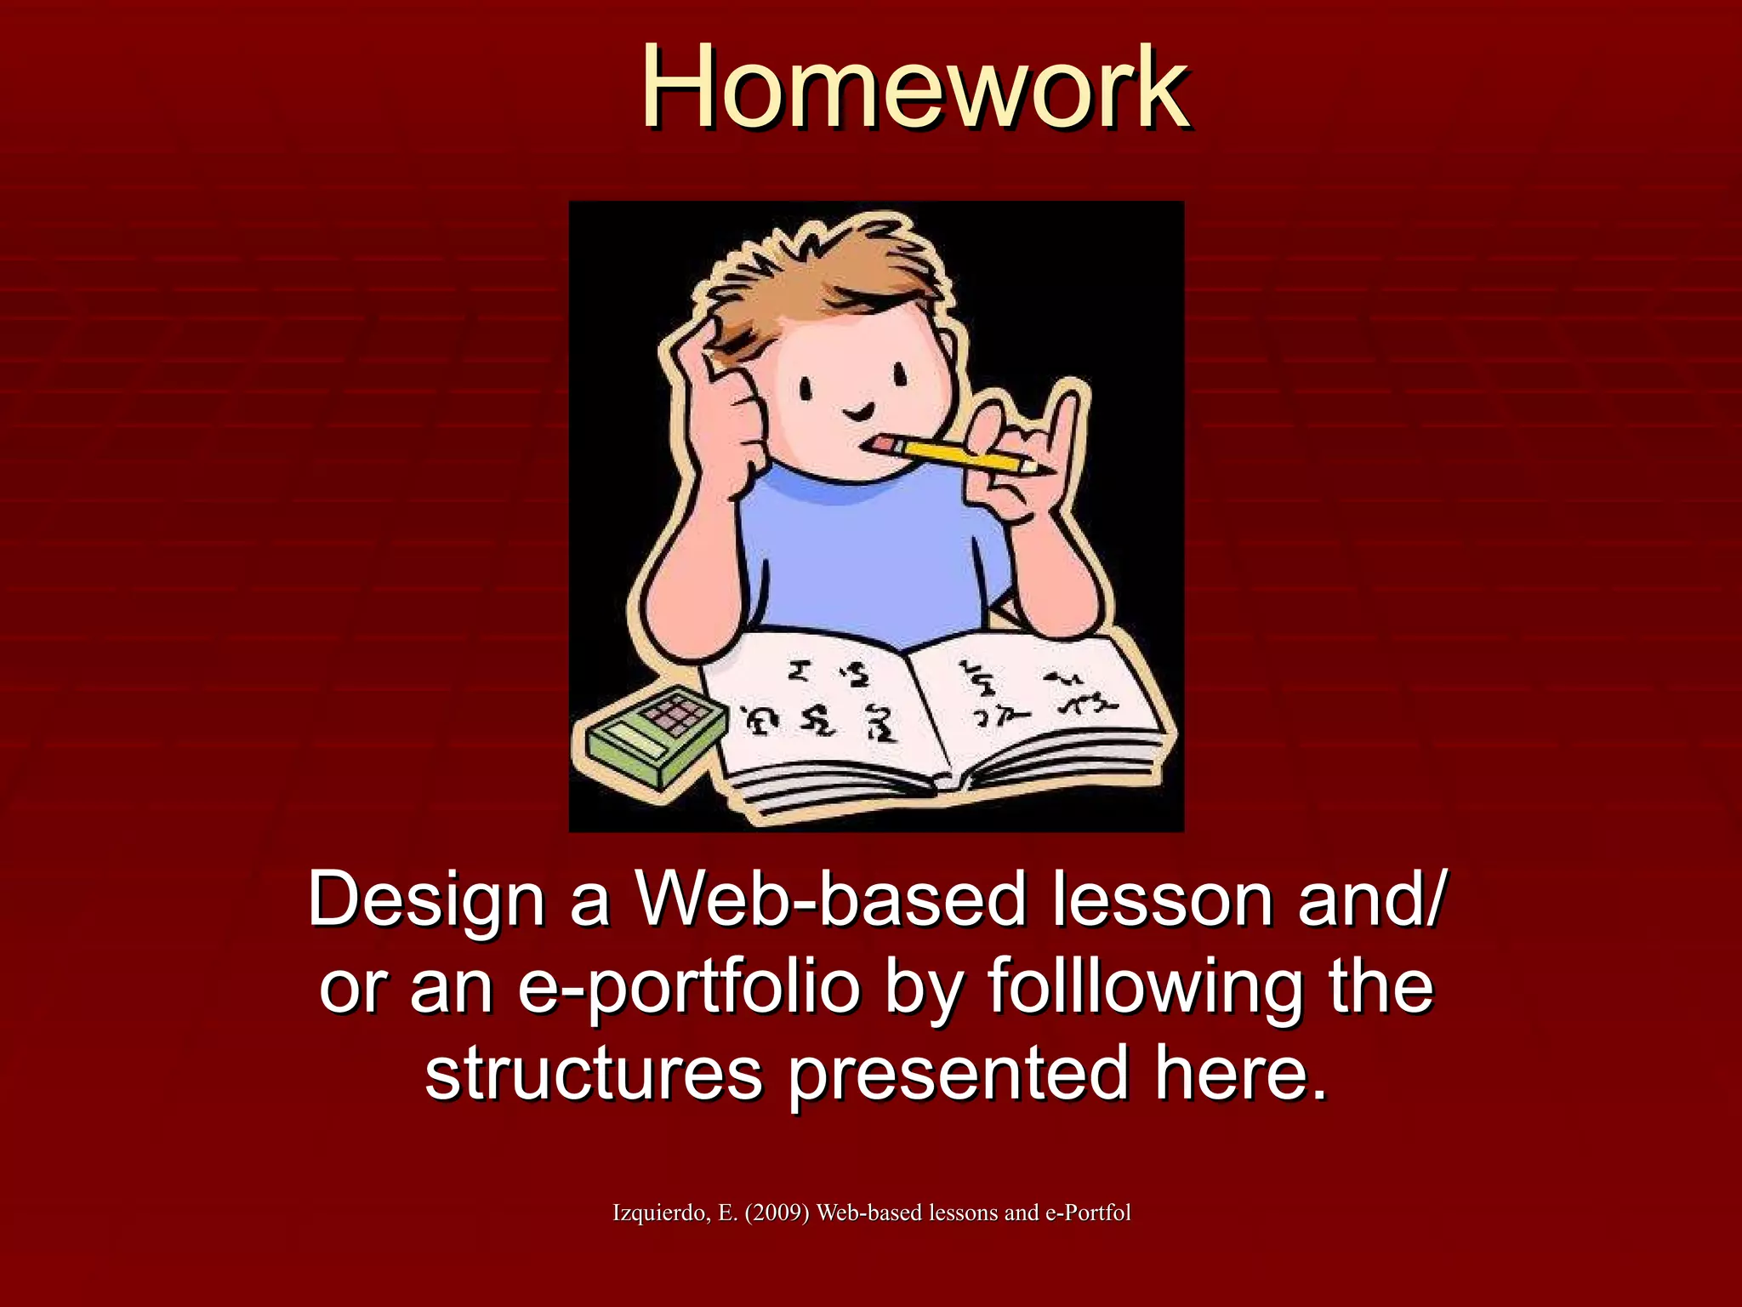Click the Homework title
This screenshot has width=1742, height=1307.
[915, 88]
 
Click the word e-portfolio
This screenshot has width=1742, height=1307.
[689, 989]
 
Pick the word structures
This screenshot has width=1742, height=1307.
[594, 1074]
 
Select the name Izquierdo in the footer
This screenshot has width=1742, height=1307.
[661, 1213]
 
